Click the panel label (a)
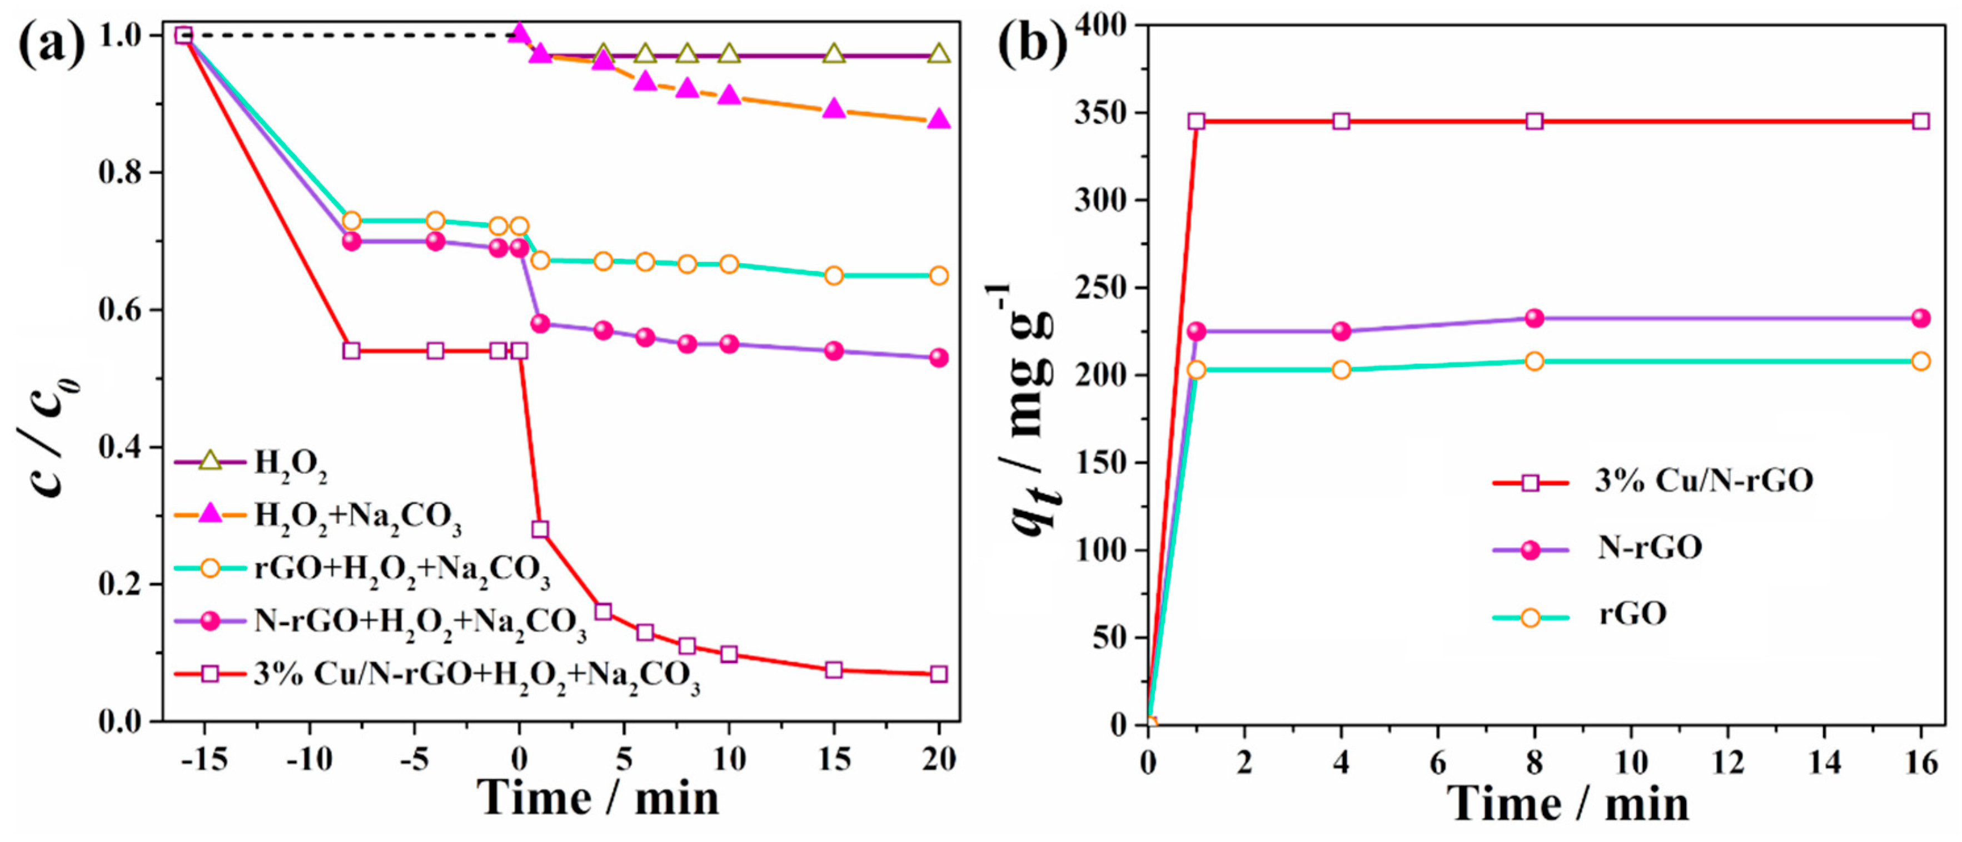tap(52, 43)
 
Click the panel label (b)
tap(1033, 43)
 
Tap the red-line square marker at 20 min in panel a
tap(938, 673)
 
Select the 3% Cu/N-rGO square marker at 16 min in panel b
tap(1921, 121)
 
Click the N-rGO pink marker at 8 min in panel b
tap(1534, 318)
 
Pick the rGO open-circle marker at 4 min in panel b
tap(1341, 370)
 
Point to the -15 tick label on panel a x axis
tap(203, 759)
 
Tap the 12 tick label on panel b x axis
tap(1727, 762)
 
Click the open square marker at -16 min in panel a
tap(183, 35)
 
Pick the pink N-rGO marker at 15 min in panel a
tap(834, 350)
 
